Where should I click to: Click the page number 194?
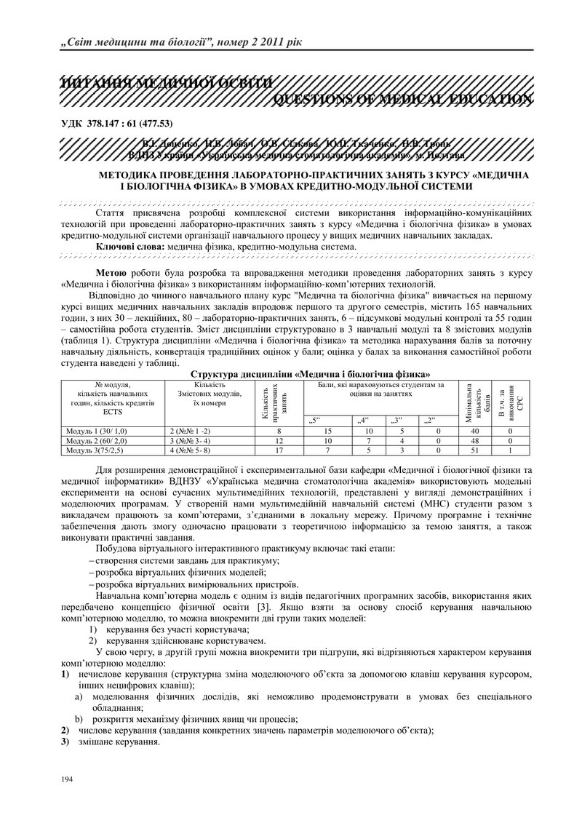[x=68, y=779]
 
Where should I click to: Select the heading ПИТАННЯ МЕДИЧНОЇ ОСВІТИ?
[x=168, y=84]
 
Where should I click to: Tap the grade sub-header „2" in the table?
[x=431, y=421]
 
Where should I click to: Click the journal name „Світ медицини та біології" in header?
[x=138, y=41]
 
